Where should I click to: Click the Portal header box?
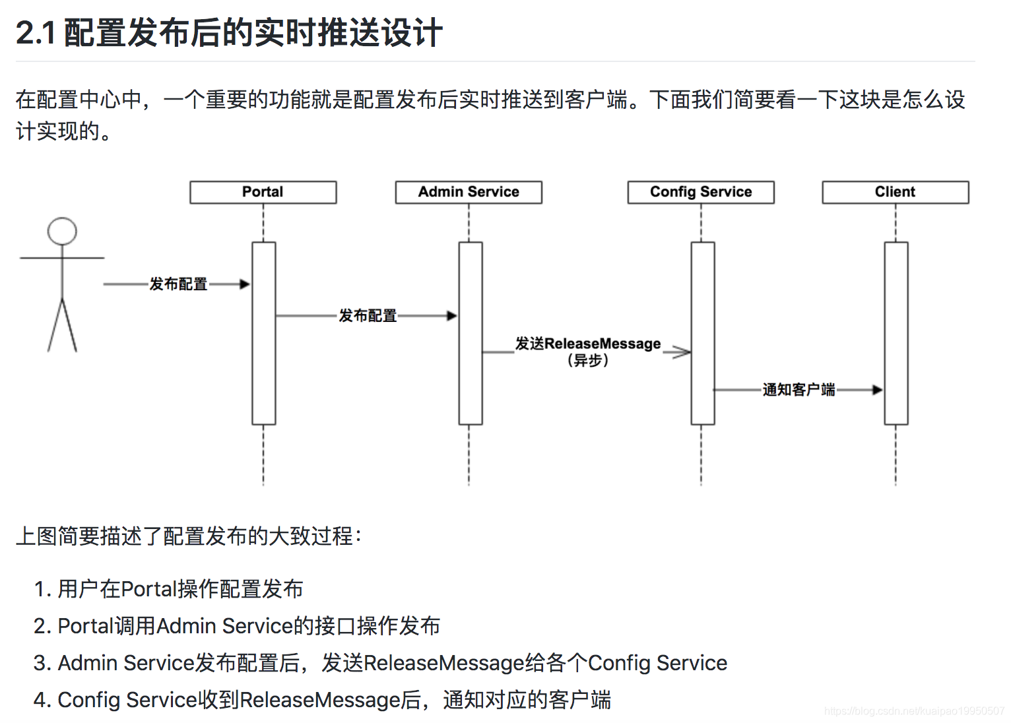(x=263, y=192)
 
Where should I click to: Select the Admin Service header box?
(x=469, y=192)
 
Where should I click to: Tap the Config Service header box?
(x=701, y=192)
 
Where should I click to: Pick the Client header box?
(x=895, y=192)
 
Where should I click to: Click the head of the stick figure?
(x=62, y=232)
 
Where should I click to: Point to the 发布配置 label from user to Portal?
(x=178, y=284)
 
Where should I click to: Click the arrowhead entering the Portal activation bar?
(x=245, y=284)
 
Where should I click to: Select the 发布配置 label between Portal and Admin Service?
(x=368, y=316)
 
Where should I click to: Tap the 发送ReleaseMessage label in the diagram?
(x=587, y=344)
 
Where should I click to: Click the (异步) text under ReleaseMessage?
(x=587, y=360)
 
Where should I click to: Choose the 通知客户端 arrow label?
(x=799, y=390)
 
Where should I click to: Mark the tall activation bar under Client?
(x=896, y=333)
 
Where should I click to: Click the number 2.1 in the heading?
(x=36, y=33)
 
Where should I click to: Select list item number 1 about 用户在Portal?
(x=169, y=588)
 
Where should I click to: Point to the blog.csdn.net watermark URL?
(x=914, y=710)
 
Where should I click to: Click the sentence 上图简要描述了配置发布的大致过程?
(x=188, y=536)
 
